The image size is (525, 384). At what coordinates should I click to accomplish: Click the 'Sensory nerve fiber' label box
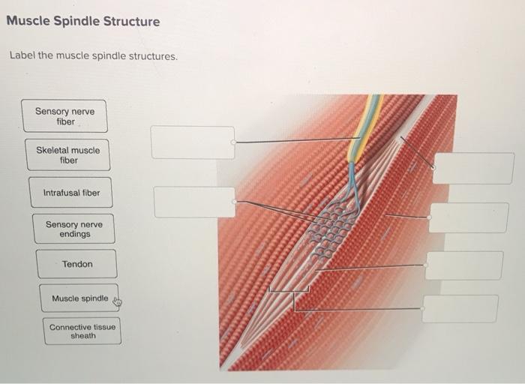pos(64,116)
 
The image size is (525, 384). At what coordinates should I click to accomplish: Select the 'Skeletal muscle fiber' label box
pos(67,154)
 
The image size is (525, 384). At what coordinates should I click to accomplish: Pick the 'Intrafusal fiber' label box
pos(71,193)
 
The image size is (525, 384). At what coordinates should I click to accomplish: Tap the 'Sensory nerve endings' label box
pos(74,229)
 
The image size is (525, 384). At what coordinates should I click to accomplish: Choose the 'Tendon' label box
pos(77,264)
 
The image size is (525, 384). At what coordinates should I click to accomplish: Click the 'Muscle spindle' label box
pos(79,298)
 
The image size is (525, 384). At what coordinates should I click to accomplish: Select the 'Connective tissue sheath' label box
pos(82,331)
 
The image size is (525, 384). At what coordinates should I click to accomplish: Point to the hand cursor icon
pos(117,302)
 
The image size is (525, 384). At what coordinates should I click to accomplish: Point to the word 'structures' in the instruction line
pos(154,57)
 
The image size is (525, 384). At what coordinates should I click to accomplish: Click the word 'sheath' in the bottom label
pos(83,336)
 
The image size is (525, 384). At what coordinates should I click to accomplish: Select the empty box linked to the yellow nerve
pos(193,142)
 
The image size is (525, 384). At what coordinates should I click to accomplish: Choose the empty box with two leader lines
pos(195,202)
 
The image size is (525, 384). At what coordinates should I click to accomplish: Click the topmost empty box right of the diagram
pos(473,168)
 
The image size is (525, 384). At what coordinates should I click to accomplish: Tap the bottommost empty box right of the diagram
pos(460,308)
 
